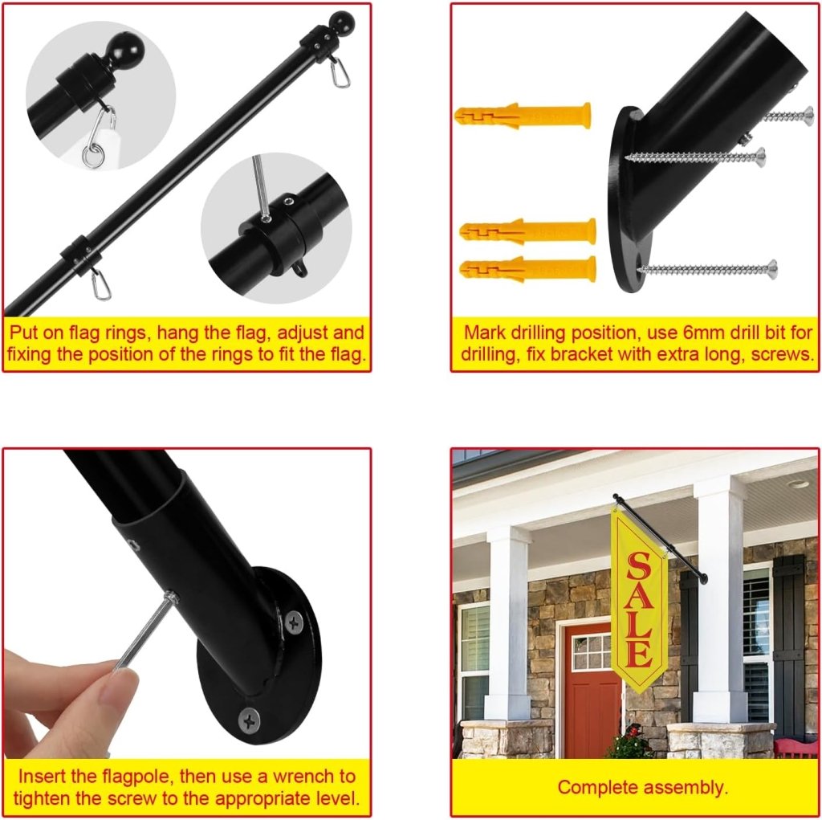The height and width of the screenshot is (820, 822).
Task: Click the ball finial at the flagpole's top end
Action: pos(341,22)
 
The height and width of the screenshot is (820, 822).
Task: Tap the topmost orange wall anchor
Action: pos(523,116)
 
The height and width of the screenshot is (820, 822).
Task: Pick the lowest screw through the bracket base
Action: pos(707,269)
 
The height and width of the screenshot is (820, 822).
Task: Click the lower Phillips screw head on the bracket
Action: pos(249,720)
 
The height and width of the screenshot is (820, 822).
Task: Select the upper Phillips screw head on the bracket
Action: pos(294,622)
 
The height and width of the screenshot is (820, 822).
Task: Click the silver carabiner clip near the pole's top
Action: pos(340,71)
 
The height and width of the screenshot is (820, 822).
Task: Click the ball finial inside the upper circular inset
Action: pos(124,51)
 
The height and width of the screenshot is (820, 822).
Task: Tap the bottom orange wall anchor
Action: pos(527,270)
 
